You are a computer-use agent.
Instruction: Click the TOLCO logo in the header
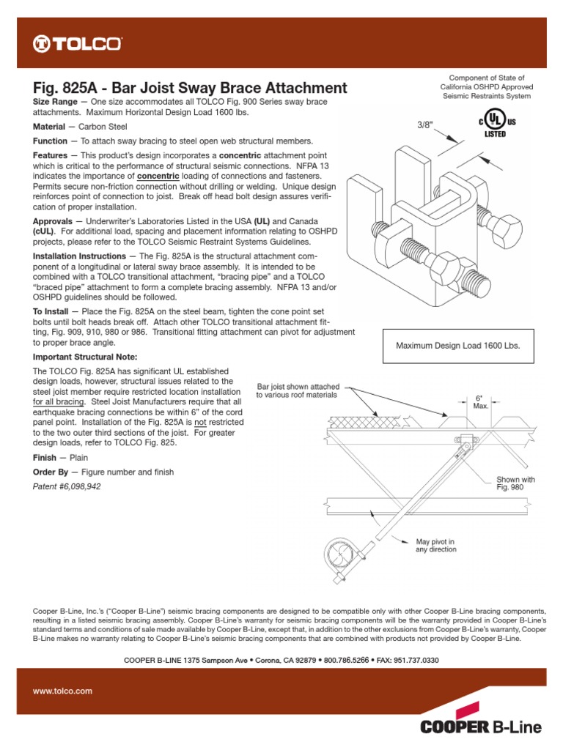[77, 45]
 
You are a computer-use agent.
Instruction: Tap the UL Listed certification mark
[498, 125]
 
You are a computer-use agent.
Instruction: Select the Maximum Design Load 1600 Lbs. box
[459, 346]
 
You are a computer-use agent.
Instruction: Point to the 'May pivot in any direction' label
[435, 545]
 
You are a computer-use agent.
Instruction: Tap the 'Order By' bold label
[51, 472]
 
